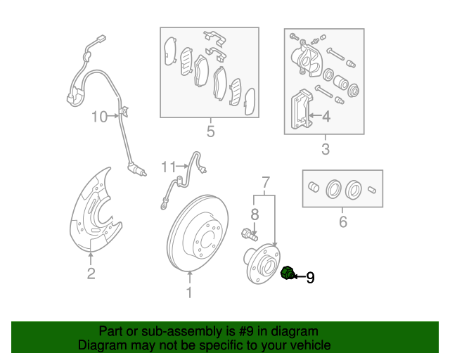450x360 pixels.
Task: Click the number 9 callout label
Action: pyautogui.click(x=310, y=278)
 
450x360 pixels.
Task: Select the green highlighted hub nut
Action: pyautogui.click(x=287, y=274)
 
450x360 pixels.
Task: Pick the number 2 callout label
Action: pyautogui.click(x=91, y=274)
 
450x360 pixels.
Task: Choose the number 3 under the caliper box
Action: pyautogui.click(x=325, y=149)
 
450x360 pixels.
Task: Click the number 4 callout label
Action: pyautogui.click(x=326, y=116)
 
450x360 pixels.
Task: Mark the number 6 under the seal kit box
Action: pyautogui.click(x=342, y=223)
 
